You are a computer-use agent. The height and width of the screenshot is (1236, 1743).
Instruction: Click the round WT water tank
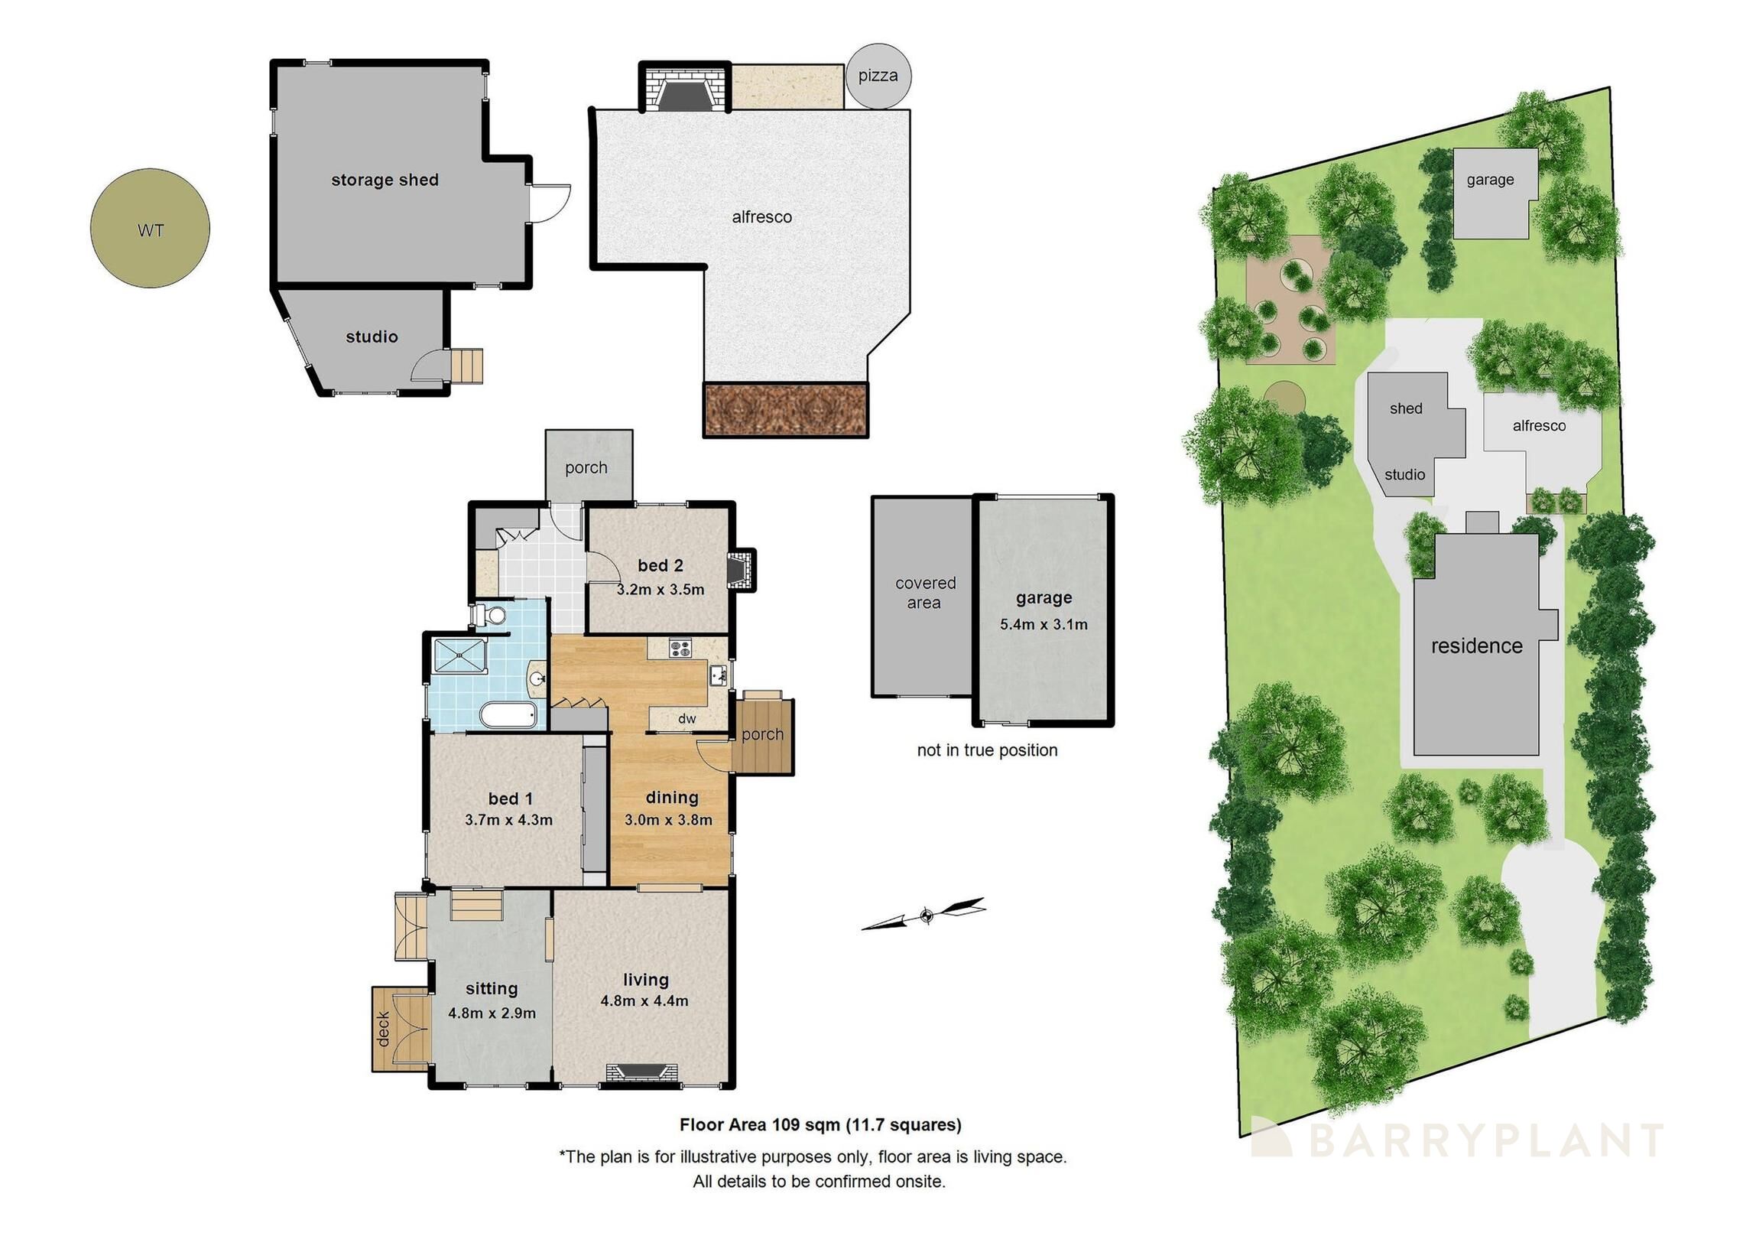[150, 229]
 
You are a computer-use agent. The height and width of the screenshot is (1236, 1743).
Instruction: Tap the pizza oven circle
[878, 76]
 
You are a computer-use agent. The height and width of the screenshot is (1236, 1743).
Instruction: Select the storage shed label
[385, 180]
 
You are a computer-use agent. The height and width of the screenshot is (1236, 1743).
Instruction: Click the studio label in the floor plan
[372, 337]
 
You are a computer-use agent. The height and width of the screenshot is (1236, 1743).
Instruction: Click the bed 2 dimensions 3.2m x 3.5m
[660, 590]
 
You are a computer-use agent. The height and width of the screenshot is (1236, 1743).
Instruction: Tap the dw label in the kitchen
[686, 718]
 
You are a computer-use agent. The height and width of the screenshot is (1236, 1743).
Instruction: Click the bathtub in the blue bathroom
[508, 717]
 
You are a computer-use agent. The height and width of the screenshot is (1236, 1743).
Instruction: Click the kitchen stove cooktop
[680, 649]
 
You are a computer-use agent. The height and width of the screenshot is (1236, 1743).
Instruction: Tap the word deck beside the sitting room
[384, 1028]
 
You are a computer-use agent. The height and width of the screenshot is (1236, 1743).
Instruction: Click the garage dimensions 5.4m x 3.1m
[1043, 624]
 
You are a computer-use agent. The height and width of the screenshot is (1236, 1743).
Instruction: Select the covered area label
[925, 593]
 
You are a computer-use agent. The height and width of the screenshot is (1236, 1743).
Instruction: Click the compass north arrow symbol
[925, 914]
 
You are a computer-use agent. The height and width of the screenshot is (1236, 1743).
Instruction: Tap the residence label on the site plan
[1476, 646]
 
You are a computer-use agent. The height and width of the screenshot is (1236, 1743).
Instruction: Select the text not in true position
[986, 750]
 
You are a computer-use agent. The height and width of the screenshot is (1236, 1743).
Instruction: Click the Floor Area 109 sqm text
[820, 1124]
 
